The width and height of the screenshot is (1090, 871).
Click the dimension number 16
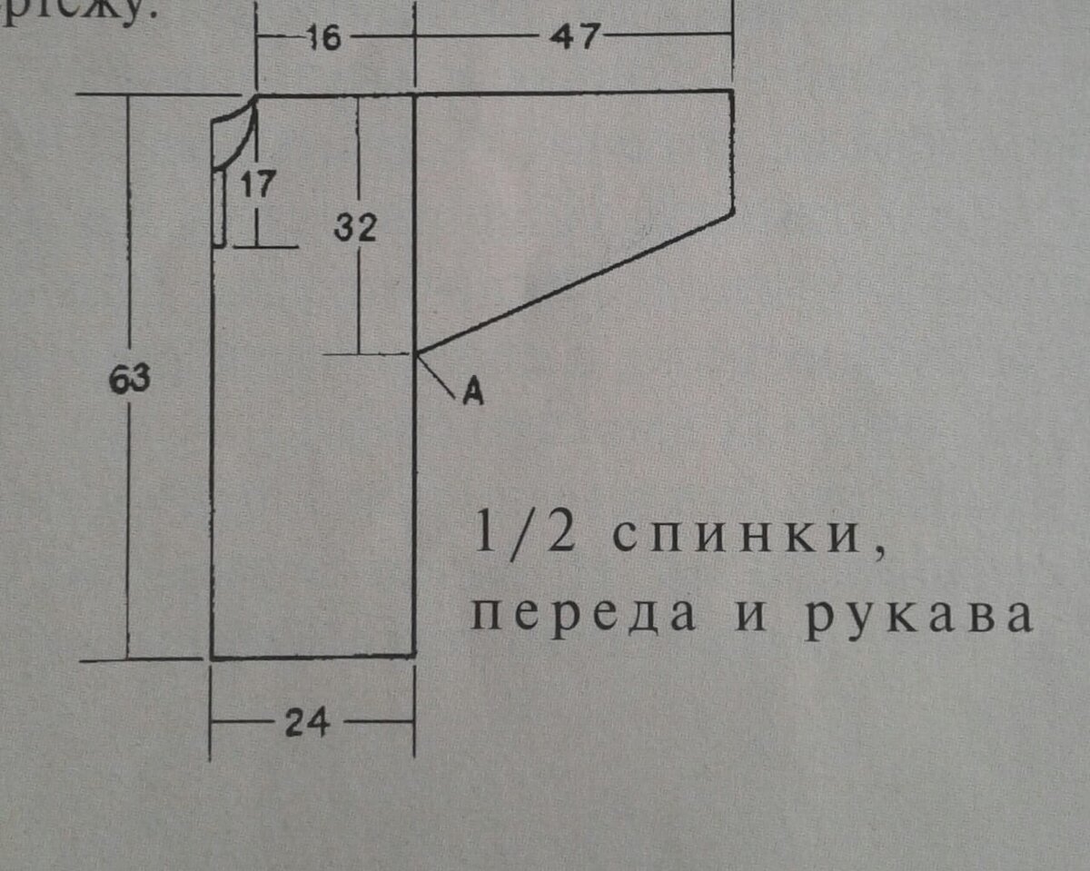[322, 38]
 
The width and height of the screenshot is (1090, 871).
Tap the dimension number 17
[258, 186]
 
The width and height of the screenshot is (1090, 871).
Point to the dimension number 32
[355, 228]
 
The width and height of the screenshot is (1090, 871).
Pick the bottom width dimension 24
[308, 724]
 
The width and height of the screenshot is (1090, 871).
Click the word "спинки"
[731, 537]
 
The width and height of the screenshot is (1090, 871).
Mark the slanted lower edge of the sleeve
[574, 283]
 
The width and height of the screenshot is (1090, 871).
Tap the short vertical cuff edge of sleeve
[733, 152]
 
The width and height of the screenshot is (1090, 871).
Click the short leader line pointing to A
[438, 375]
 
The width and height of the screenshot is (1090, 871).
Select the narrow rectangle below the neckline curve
[219, 207]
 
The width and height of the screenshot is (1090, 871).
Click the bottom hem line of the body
[312, 655]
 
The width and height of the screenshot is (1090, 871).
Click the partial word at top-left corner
[82, 14]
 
